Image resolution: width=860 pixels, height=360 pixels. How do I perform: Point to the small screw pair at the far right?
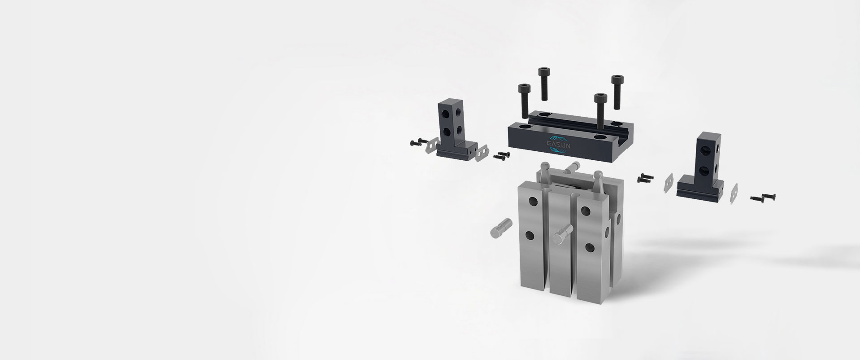point(763,198)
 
